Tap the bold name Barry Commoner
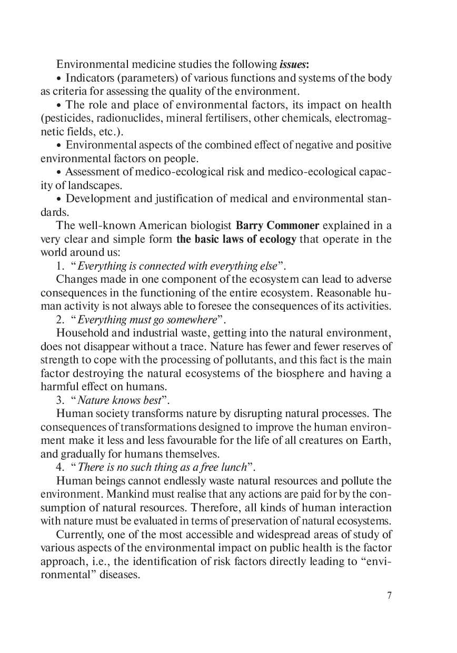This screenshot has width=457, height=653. click(277, 226)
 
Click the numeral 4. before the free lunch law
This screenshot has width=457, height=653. click(60, 467)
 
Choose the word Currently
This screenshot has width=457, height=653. click(78, 535)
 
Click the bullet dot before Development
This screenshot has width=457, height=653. click(59, 199)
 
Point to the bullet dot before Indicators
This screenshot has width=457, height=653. click(59, 78)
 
